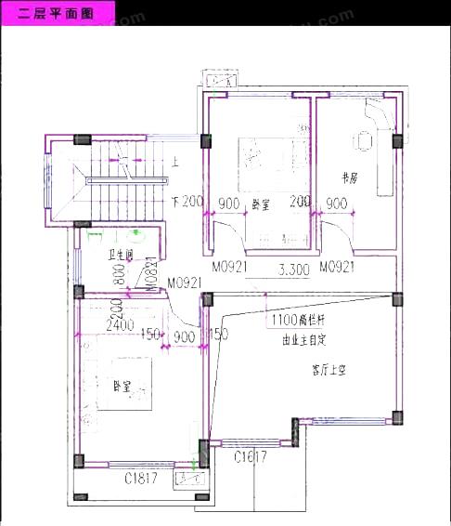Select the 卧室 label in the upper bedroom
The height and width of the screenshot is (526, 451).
261,204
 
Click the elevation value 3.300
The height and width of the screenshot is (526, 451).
294,271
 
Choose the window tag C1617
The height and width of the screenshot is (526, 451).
250,456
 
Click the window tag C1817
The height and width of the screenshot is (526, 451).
142,479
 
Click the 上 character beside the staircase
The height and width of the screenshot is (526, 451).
174,159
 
